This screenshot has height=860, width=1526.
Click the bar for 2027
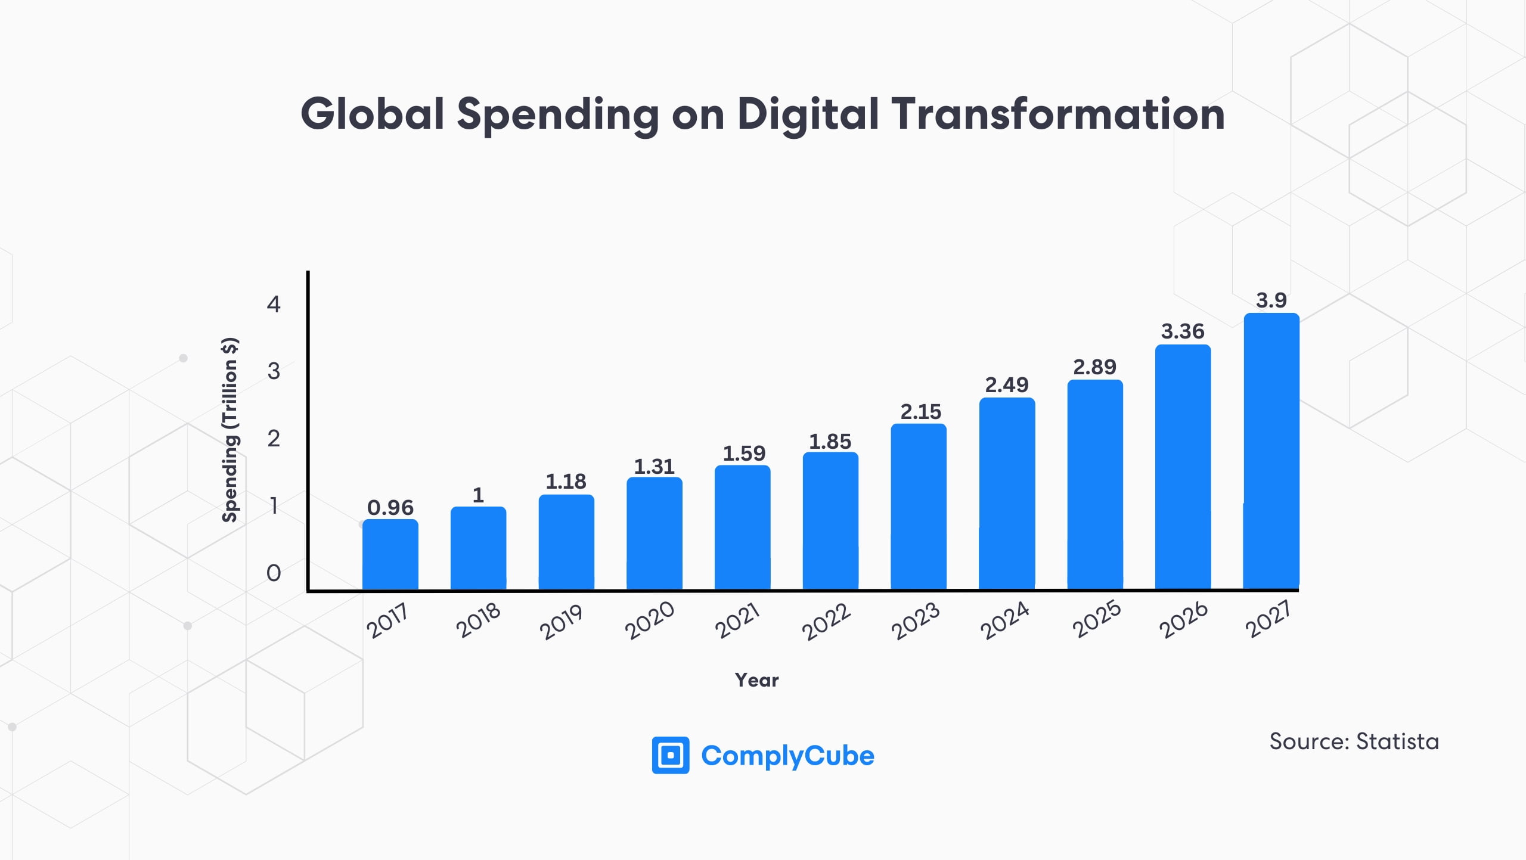coord(1271,451)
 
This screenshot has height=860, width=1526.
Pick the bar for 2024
coord(1007,493)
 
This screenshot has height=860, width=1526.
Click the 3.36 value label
coord(1183,331)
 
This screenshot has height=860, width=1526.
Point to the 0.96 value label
coord(390,508)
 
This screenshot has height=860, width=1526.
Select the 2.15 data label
coord(920,412)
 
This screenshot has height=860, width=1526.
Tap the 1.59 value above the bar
coord(744,454)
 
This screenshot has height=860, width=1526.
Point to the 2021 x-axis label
coord(737,620)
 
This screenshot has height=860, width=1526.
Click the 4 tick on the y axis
coord(274,305)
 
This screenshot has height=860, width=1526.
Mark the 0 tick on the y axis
coord(274,573)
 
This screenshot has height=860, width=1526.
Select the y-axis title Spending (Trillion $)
coord(230,430)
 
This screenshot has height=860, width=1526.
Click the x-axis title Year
coord(756,680)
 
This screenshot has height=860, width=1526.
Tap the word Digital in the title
coord(807,114)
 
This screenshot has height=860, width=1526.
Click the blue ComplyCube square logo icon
coord(671,755)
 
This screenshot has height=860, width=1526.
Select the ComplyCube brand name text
coord(787,756)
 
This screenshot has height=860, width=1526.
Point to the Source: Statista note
coord(1354,741)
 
